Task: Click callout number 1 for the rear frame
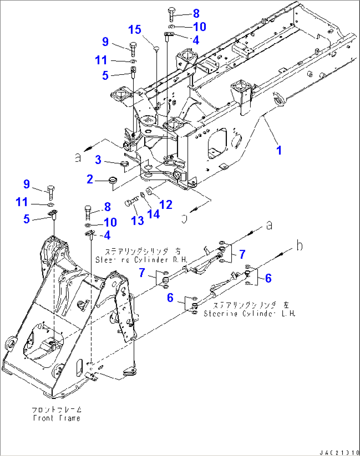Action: [x=279, y=150]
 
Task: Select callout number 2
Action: [x=90, y=179]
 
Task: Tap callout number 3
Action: [x=98, y=160]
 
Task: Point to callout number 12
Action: [x=166, y=205]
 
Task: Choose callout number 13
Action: [x=137, y=220]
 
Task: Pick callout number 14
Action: [x=153, y=214]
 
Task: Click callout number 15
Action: [x=135, y=30]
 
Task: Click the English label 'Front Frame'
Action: [x=57, y=418]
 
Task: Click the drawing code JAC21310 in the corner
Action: [x=339, y=452]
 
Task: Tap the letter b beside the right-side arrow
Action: [x=299, y=245]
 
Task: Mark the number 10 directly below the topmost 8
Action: [x=199, y=27]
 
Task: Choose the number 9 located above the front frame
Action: [x=27, y=184]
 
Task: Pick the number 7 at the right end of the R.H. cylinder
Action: [x=242, y=254]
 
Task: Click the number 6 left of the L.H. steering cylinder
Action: [x=170, y=298]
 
